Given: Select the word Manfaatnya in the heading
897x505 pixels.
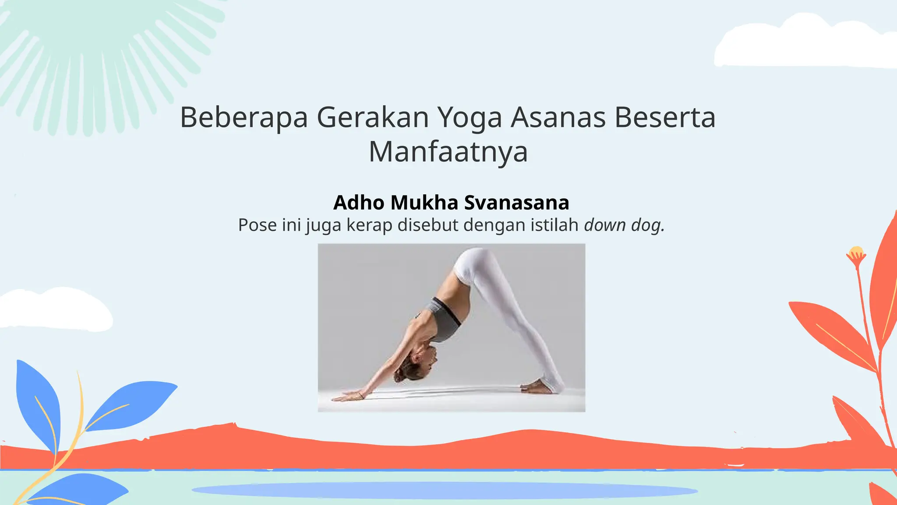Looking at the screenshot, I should click(x=448, y=152).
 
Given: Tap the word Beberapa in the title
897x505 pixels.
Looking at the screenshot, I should click(x=244, y=117).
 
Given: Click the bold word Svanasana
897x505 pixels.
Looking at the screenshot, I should click(x=516, y=203).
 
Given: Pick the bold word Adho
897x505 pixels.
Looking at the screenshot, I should click(x=359, y=203).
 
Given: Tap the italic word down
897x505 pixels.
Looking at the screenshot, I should click(x=605, y=225).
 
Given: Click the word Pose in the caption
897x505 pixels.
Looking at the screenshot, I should click(x=258, y=225).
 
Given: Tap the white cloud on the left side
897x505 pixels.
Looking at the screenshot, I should click(x=53, y=309).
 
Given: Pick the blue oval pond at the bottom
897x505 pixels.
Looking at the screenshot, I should click(x=444, y=490).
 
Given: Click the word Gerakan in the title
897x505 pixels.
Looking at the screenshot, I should click(x=373, y=117).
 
